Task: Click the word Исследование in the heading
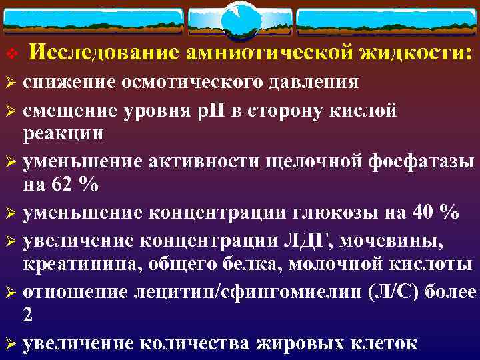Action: click(x=104, y=52)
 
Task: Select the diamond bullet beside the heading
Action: click(x=10, y=53)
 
